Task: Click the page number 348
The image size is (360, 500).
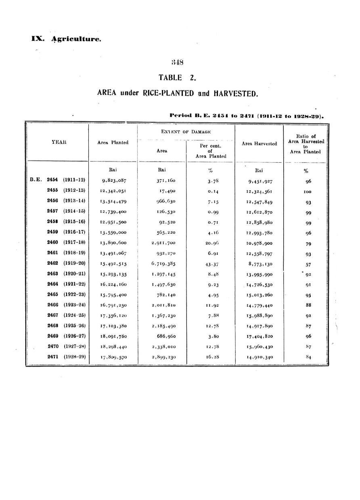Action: click(178, 63)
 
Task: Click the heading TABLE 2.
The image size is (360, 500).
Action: click(177, 78)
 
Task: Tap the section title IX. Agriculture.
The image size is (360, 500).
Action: click(67, 39)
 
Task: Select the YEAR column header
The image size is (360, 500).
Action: click(58, 142)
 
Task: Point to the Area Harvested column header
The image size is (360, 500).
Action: click(260, 143)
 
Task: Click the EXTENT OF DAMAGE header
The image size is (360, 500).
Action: click(186, 132)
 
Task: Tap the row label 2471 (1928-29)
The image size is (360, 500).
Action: click(66, 357)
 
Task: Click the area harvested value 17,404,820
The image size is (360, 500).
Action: click(260, 336)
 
